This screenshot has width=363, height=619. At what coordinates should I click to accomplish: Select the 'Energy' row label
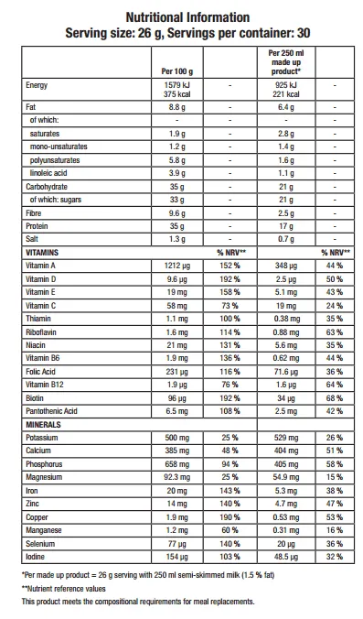coord(37,84)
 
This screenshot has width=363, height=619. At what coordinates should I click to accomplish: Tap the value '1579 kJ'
coord(174,84)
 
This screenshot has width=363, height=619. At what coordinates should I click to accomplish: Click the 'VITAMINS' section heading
coord(42,251)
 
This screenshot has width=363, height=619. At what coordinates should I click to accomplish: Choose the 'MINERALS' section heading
coord(44,425)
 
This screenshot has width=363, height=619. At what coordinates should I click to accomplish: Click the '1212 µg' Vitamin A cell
coord(174,264)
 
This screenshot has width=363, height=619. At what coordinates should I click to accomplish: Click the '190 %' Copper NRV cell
coord(229,516)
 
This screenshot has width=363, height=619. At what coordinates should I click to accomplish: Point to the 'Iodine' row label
coord(37,557)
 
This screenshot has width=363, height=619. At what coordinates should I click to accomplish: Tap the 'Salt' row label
coord(34,238)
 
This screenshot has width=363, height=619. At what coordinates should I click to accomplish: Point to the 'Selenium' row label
coord(41,543)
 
